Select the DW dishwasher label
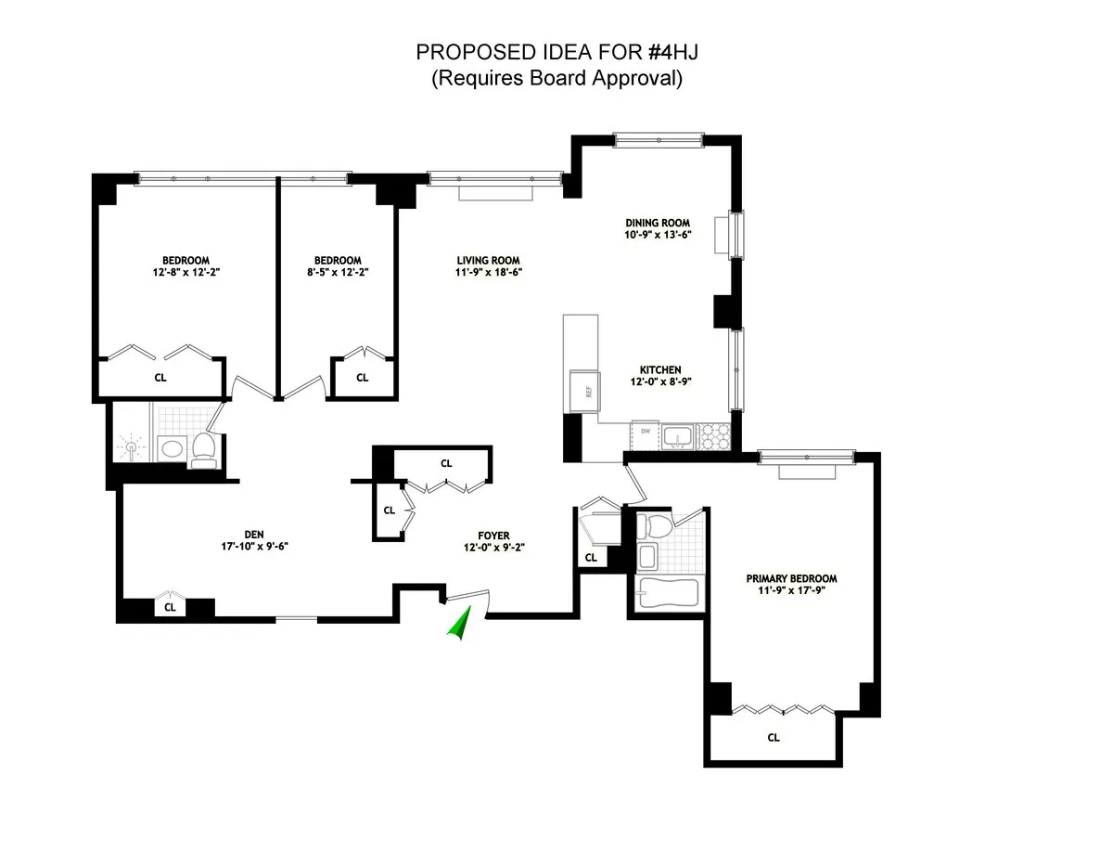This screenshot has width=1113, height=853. coord(643,432)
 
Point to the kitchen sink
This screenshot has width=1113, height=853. coord(682,434)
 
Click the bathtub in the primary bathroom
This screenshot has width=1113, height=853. coord(667,592)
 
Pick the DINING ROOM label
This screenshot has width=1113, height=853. coord(658,223)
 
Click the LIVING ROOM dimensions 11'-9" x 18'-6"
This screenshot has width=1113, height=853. coord(487,273)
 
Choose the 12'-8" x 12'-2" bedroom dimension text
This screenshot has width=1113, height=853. coord(185,273)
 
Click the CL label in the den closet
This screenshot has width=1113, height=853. coord(170,608)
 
